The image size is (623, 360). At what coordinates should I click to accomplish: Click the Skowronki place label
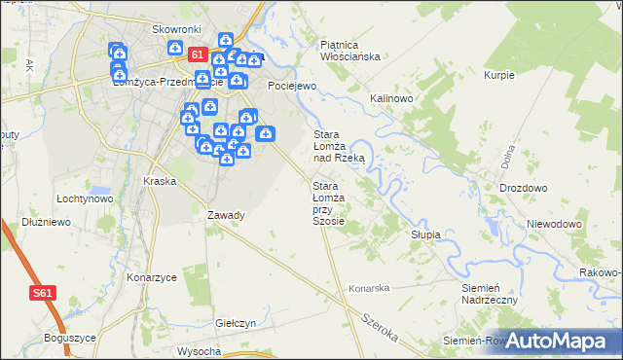pyautogui.click(x=175, y=29)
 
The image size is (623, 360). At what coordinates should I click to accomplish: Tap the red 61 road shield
pyautogui.click(x=198, y=55)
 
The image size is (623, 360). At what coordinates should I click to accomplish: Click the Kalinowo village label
pyautogui.click(x=393, y=99)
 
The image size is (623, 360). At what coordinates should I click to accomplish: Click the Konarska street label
pyautogui.click(x=370, y=288)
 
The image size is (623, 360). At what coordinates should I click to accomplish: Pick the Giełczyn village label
pyautogui.click(x=236, y=323)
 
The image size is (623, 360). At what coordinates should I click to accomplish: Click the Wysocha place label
pyautogui.click(x=200, y=350)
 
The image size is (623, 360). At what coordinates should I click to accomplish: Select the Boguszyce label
pyautogui.click(x=69, y=338)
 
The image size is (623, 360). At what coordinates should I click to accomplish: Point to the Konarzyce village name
pyautogui.click(x=152, y=277)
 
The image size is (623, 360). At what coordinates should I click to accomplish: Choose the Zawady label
pyautogui.click(x=226, y=215)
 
